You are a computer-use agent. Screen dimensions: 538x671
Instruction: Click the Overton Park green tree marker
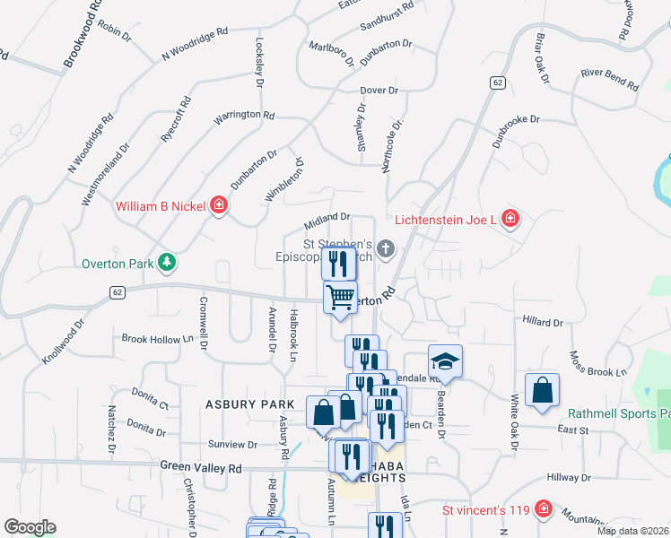[x=166, y=262]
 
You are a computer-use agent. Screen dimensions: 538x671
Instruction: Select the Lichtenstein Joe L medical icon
[x=510, y=218]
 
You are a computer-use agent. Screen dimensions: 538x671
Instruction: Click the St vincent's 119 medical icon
[x=542, y=510]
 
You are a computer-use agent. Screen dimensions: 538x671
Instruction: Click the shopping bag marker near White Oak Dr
[x=542, y=390]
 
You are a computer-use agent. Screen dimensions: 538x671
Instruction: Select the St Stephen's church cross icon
[x=386, y=247]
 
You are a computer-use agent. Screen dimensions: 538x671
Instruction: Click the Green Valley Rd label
[x=202, y=467]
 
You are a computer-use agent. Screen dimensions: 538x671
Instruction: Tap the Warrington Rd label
[x=243, y=116]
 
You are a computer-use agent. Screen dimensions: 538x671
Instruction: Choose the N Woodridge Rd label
[x=195, y=43]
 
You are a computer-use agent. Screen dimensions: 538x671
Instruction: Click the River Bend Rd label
[x=609, y=80]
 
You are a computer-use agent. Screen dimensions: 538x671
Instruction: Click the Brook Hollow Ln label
[x=158, y=339]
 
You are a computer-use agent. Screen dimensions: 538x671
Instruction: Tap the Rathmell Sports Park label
[x=619, y=414]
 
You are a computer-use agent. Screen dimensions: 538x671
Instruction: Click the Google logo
[x=30, y=527]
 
